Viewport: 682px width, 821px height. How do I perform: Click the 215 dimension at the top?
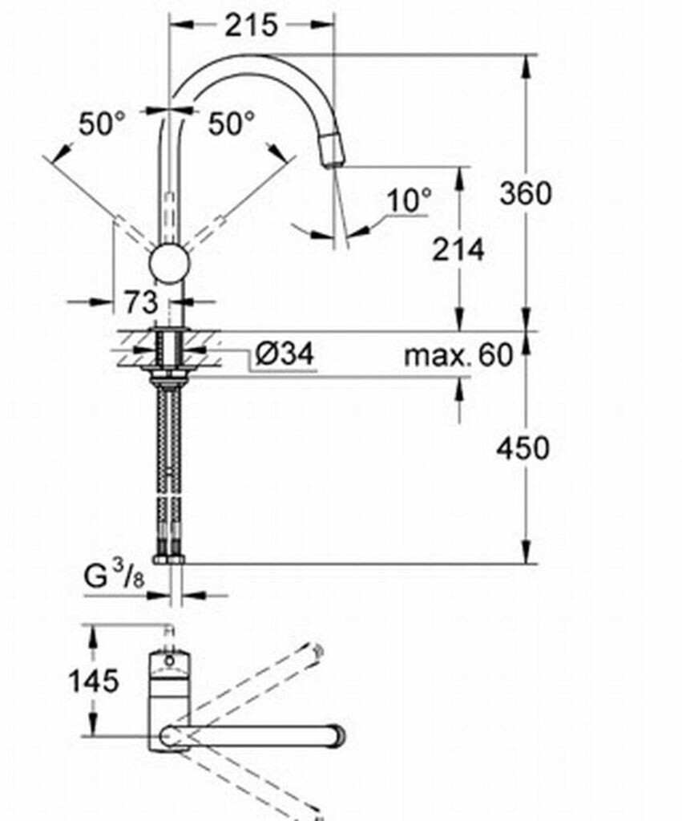(250, 25)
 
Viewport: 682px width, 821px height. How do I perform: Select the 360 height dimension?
(525, 193)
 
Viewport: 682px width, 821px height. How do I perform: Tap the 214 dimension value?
(459, 250)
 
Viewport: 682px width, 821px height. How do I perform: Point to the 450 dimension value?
(523, 448)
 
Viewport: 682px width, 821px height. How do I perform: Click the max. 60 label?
(458, 354)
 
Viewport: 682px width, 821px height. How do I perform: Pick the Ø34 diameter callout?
(285, 354)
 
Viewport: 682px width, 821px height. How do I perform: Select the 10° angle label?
(409, 200)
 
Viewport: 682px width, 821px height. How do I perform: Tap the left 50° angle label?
(102, 123)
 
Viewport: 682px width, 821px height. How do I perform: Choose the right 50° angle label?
(232, 123)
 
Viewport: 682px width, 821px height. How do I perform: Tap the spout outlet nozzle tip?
(333, 152)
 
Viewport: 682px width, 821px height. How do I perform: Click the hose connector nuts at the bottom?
(170, 556)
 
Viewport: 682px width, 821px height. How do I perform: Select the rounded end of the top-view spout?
(337, 735)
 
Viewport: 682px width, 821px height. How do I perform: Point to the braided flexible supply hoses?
(170, 465)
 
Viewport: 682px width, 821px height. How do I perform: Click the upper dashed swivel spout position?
(256, 681)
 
